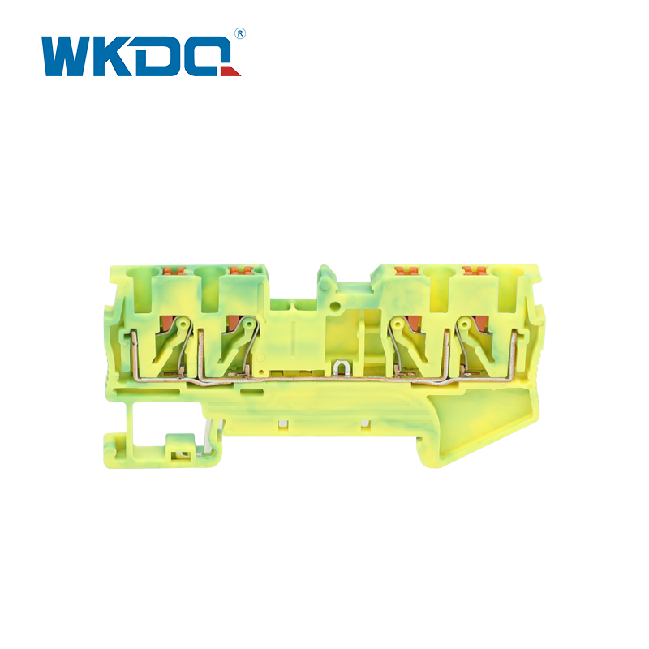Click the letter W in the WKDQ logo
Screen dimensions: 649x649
pos(67,56)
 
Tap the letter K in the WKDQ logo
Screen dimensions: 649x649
pos(114,56)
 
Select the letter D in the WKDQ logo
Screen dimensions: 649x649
pos(158,56)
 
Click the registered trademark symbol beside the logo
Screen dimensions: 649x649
pos(240,34)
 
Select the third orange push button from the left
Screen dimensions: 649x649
pos(406,270)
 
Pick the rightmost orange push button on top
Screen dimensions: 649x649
pos(475,270)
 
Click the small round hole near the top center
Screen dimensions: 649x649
pos(335,307)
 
